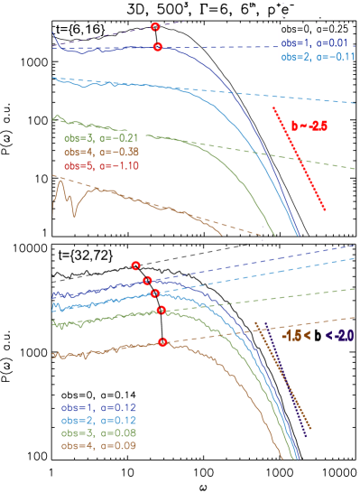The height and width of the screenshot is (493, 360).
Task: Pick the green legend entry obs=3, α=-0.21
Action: tap(100, 138)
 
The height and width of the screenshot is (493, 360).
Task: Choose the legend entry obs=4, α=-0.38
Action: tap(100, 152)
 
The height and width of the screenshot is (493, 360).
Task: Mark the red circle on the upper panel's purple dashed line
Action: tap(156, 28)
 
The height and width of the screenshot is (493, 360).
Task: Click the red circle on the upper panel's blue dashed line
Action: tap(157, 48)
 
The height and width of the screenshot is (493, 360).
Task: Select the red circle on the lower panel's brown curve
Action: tap(163, 341)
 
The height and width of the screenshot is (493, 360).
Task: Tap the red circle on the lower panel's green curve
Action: tap(162, 311)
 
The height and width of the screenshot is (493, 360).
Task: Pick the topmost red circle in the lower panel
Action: tap(135, 265)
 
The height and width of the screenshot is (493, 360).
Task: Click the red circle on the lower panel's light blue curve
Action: tap(155, 293)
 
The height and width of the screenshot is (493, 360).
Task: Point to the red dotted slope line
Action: tap(299, 159)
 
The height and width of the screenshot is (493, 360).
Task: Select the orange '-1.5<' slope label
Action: tap(297, 334)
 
